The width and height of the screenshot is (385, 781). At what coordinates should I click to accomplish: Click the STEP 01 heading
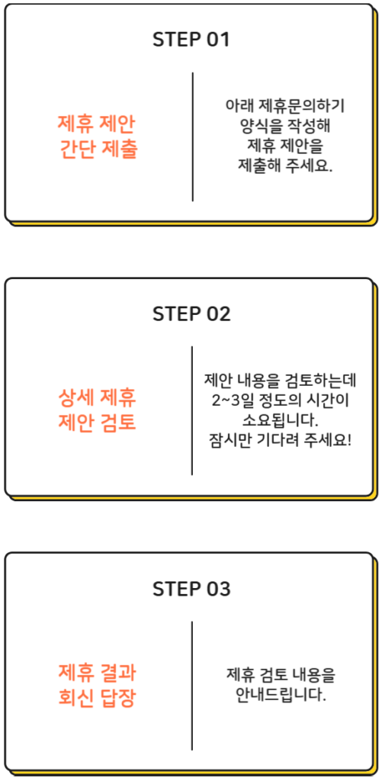point(191,40)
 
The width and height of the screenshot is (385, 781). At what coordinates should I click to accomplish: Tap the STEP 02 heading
point(192,314)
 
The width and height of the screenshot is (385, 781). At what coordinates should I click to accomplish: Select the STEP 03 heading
point(192,590)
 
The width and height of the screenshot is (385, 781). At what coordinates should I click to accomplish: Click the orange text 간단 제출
point(98,149)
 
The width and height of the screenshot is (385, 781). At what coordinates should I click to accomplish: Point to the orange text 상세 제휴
point(97,398)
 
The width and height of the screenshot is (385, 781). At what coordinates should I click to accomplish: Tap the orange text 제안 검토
point(97,424)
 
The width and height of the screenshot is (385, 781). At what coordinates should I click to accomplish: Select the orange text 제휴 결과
point(97,673)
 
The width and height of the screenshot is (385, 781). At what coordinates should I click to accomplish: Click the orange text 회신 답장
point(97,699)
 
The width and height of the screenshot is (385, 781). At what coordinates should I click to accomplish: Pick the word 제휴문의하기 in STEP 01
point(302,107)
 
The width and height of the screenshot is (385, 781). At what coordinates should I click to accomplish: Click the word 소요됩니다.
point(280,420)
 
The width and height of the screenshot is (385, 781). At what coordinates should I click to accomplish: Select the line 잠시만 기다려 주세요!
point(281,440)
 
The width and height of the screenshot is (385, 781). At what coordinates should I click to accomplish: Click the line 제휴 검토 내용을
point(281,675)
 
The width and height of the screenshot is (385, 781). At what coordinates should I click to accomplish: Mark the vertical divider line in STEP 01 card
point(193,137)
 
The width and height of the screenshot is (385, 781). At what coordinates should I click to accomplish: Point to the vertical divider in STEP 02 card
point(192,411)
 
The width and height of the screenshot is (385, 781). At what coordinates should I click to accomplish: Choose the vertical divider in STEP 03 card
point(192,686)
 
